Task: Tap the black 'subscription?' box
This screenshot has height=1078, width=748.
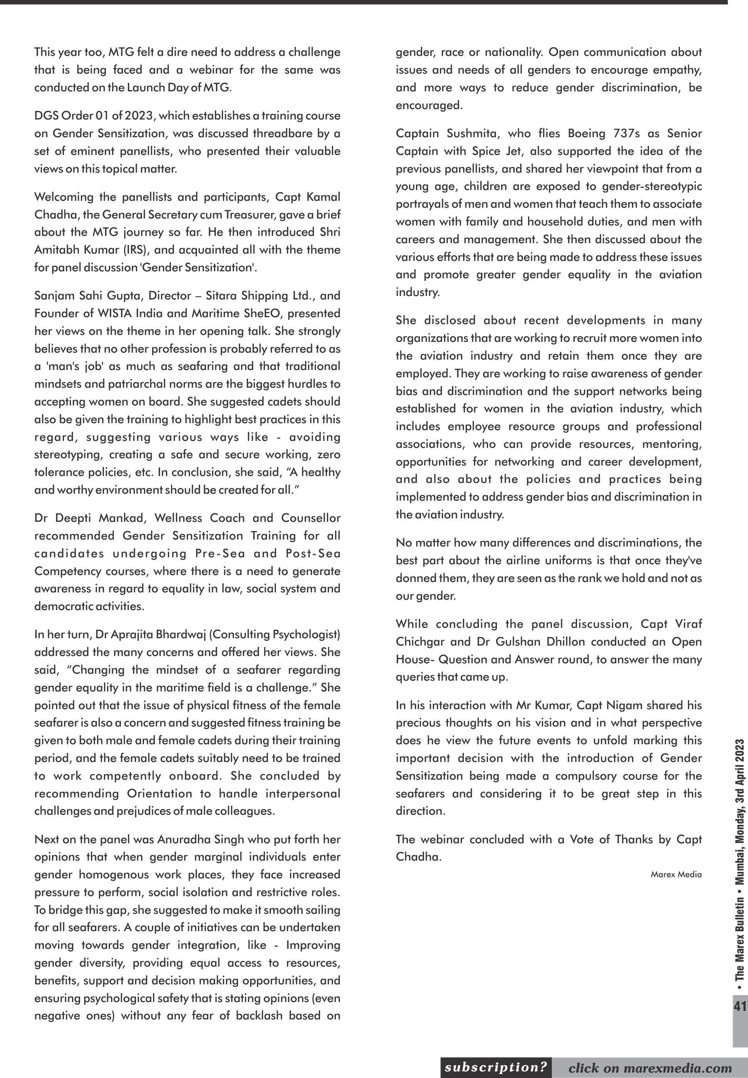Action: pos(496,1068)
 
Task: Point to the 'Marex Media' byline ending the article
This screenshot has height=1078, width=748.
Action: pos(676,874)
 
